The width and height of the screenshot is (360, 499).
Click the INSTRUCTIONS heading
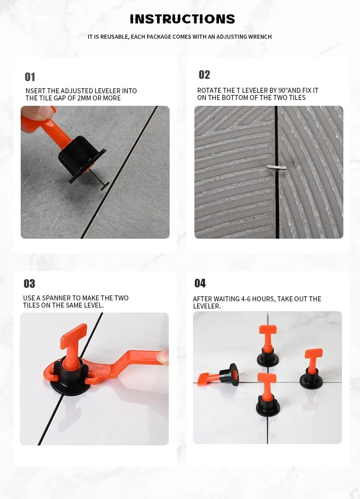(x=182, y=19)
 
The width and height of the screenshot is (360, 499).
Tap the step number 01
(x=30, y=77)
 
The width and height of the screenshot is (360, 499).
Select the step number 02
(x=204, y=75)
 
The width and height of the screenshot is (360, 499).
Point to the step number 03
(x=29, y=284)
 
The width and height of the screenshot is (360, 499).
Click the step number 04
(x=200, y=283)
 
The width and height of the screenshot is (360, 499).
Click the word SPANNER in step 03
(x=58, y=298)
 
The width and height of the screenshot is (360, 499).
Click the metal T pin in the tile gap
(x=275, y=168)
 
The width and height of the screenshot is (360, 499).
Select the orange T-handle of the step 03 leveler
(x=73, y=334)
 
